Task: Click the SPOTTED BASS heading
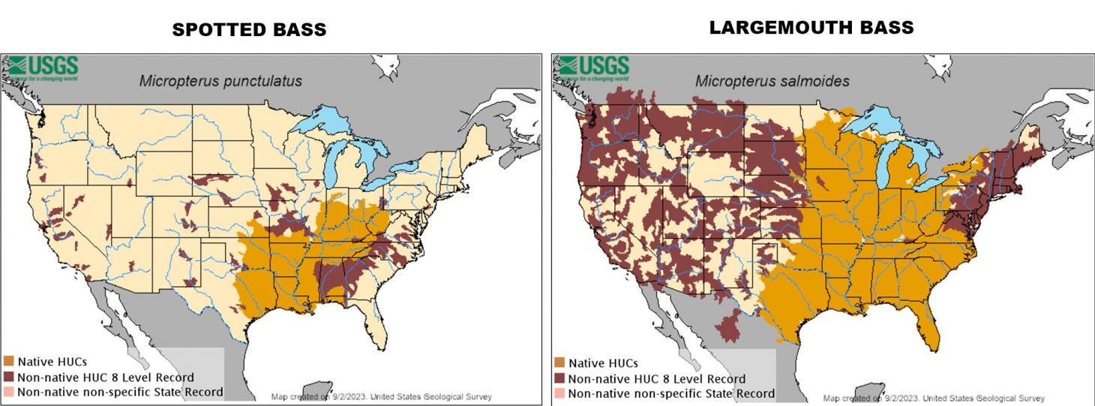(249, 30)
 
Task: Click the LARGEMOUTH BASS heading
(811, 28)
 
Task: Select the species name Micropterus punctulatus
(220, 81)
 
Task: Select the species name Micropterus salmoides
(772, 81)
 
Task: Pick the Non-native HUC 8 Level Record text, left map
(106, 377)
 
